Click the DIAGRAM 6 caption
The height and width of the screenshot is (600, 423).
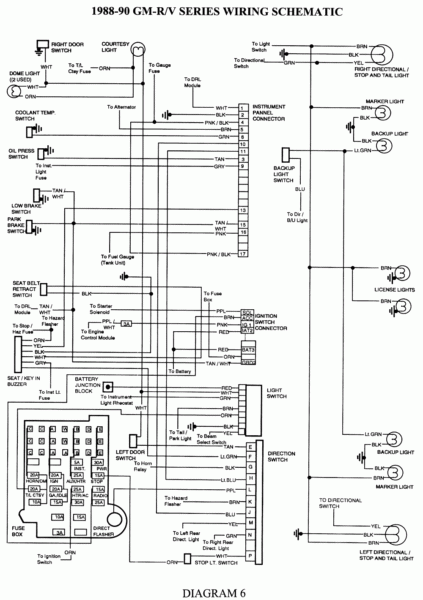(211, 588)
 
